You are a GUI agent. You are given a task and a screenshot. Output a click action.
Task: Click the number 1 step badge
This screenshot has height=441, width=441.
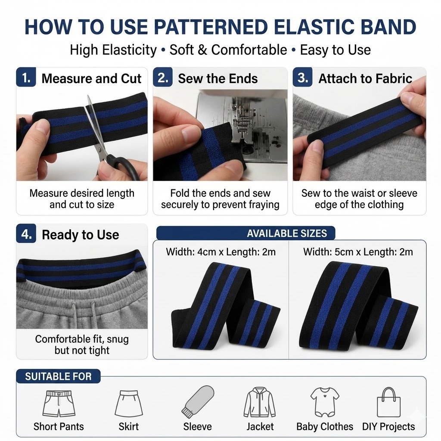tap(26, 77)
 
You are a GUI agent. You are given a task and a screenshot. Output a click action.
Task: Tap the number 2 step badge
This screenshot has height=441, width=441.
tap(163, 77)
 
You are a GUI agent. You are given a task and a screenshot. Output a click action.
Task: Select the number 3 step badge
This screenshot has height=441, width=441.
tap(303, 77)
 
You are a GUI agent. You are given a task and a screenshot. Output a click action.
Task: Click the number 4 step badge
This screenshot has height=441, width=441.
tap(26, 233)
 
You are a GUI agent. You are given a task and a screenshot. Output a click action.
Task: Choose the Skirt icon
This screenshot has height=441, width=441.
tap(128, 404)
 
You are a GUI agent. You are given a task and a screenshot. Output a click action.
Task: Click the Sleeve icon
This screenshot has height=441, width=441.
tap(198, 402)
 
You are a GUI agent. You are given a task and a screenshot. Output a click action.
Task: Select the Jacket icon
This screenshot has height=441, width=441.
tap(260, 402)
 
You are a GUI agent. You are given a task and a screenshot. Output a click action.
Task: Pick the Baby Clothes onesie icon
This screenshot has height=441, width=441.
tap(325, 402)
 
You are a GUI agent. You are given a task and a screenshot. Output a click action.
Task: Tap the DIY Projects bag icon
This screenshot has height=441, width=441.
tap(388, 402)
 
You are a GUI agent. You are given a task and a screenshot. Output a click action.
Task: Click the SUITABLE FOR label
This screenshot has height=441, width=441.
tap(58, 376)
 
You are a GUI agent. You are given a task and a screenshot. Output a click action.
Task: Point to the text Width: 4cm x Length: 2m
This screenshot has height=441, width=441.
tap(221, 252)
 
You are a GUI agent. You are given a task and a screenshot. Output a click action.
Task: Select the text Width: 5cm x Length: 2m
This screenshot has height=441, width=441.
tap(358, 252)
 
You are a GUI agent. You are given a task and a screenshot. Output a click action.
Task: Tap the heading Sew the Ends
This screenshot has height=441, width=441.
tap(217, 78)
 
